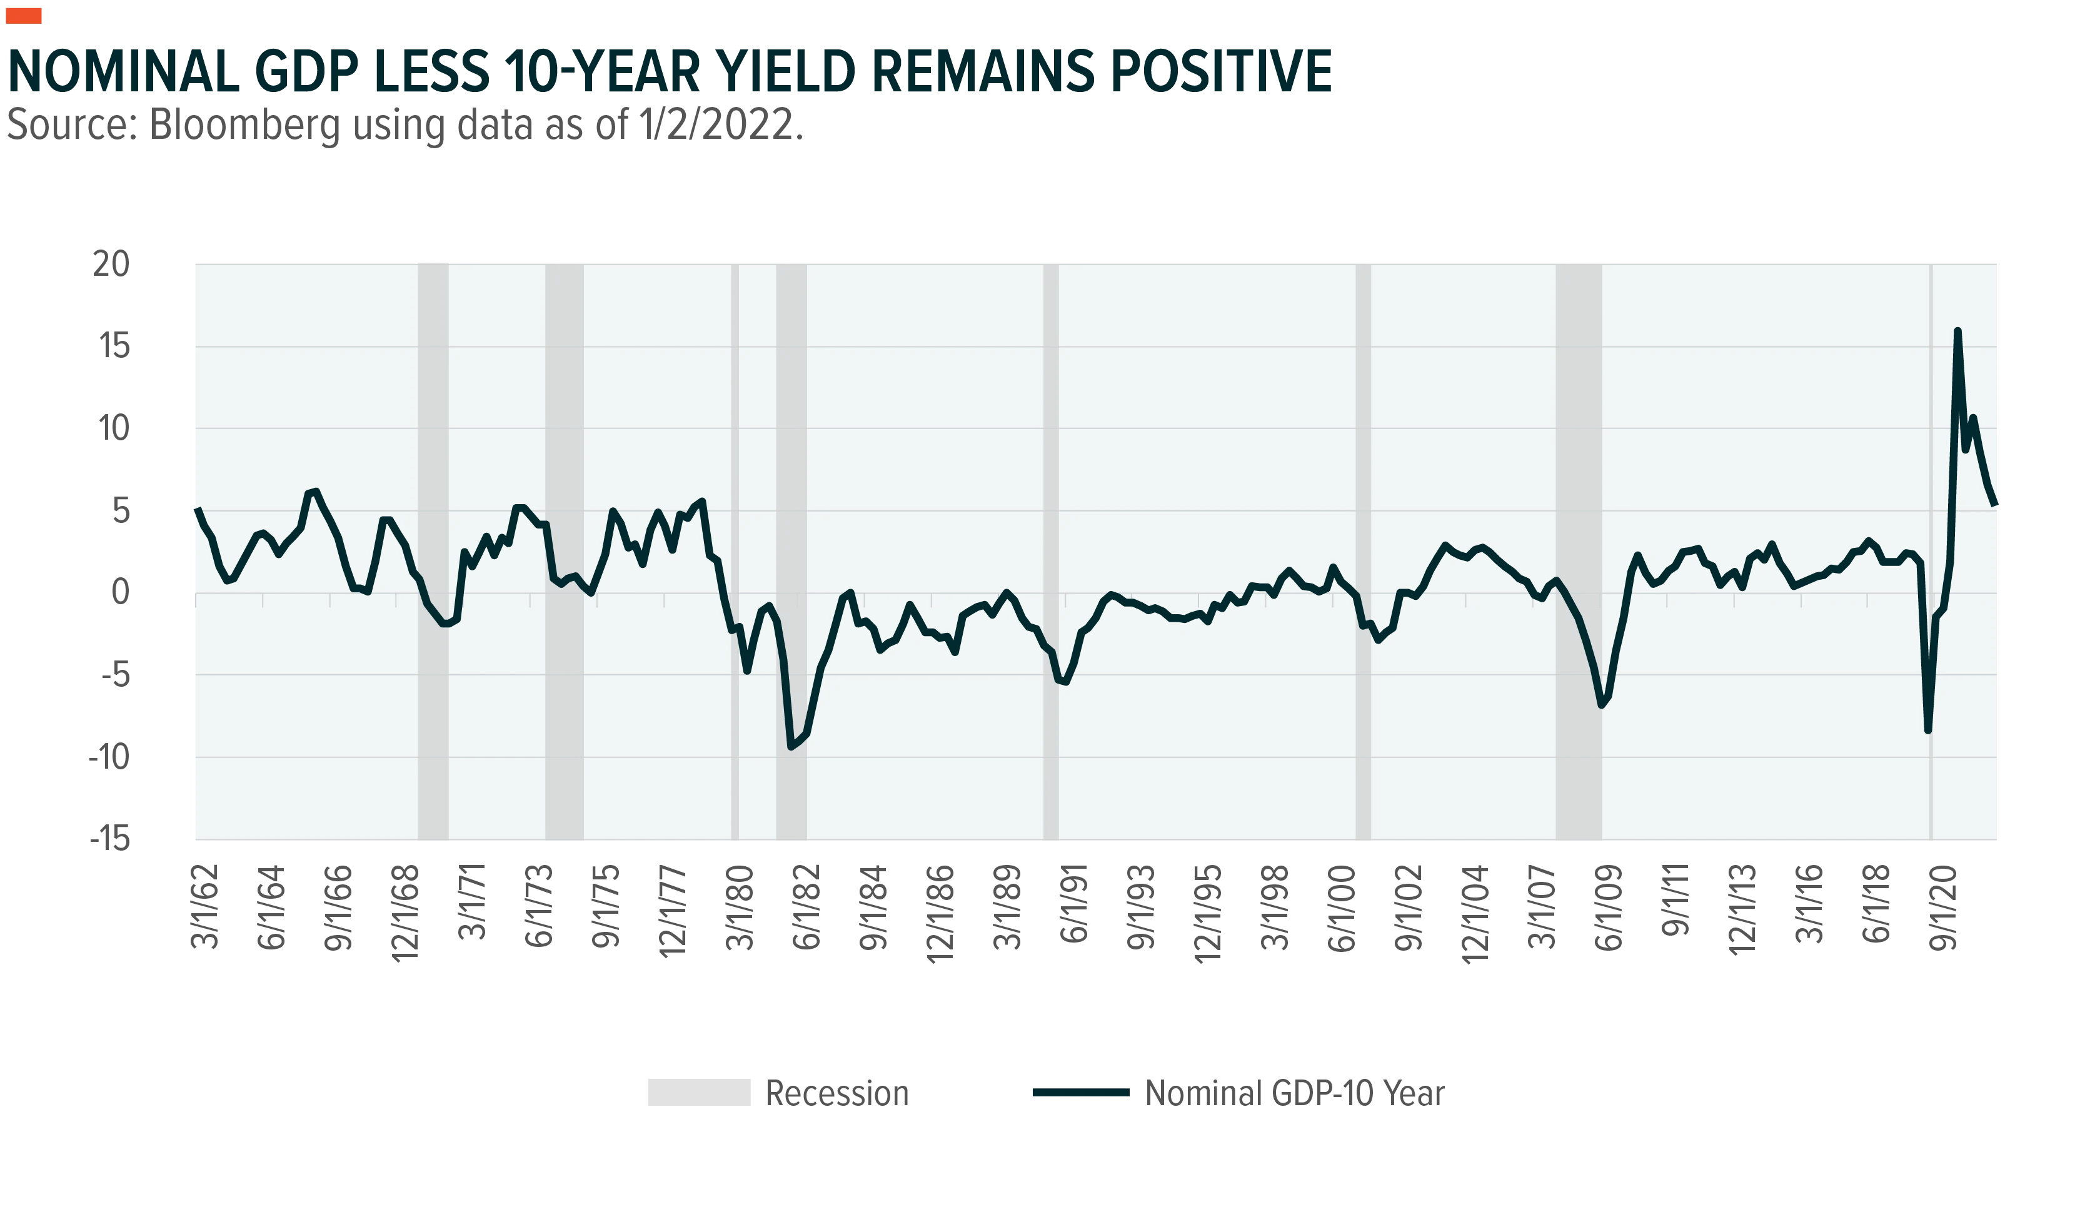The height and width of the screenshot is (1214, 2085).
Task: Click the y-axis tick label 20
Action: click(111, 265)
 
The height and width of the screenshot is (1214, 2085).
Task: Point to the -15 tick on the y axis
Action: click(110, 839)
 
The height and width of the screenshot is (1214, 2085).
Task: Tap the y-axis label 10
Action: click(113, 428)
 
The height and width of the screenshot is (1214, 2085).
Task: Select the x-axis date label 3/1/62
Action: click(205, 906)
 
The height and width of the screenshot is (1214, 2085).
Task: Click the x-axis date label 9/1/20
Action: click(1942, 908)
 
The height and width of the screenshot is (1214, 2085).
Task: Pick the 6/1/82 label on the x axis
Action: click(806, 906)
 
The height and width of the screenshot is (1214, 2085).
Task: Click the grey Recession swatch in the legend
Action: click(698, 1093)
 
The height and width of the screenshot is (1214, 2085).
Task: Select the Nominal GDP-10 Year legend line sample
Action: click(1080, 1093)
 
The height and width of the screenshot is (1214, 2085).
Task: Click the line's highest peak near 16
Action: click(1957, 331)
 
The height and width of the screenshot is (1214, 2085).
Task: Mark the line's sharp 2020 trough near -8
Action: click(1928, 730)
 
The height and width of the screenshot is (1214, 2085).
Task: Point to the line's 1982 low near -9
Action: click(791, 746)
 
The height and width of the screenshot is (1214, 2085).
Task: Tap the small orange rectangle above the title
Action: click(23, 16)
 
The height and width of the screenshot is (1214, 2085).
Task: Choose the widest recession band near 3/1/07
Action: click(1578, 551)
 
